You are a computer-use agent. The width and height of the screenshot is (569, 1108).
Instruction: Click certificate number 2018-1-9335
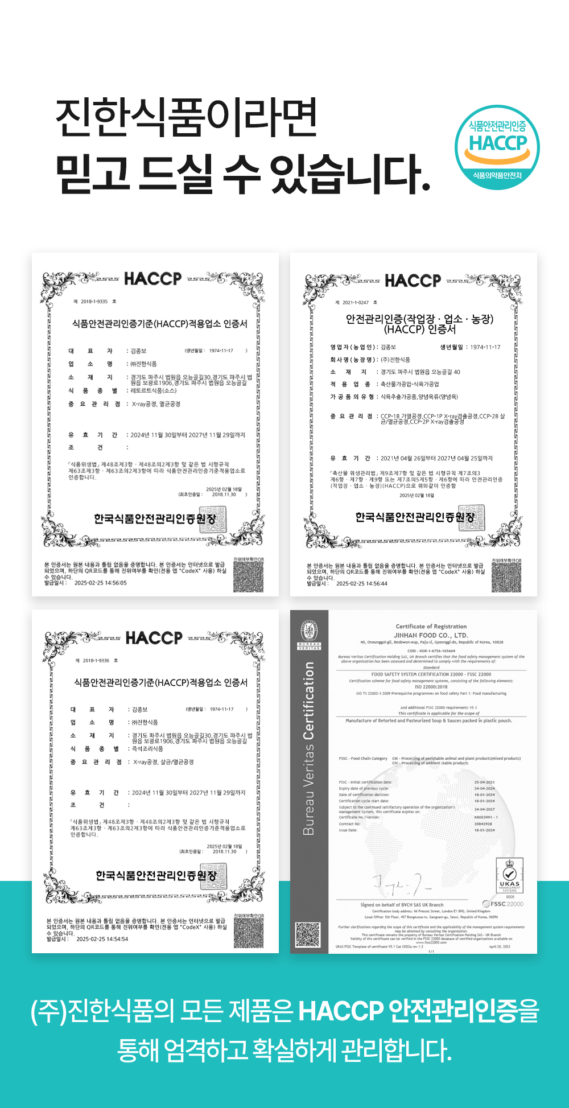point(94,302)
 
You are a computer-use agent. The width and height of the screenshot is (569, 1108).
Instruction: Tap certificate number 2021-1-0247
point(356,303)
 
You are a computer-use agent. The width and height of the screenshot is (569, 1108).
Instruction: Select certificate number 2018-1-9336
point(96,661)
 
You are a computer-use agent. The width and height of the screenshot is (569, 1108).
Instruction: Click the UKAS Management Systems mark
point(509,876)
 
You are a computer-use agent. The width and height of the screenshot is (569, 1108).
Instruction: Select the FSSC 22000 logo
point(503,904)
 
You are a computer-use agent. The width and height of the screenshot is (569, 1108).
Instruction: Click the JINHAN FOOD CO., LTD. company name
point(431,635)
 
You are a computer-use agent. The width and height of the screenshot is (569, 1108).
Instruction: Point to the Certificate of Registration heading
point(431,627)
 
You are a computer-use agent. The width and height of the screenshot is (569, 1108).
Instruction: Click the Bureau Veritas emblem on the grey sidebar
point(309,633)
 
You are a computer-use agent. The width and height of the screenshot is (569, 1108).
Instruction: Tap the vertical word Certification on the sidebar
point(308,701)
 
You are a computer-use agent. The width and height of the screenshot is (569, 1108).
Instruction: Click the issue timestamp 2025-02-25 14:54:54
point(102,939)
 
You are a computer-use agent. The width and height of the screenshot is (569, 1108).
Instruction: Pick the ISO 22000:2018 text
point(431,687)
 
